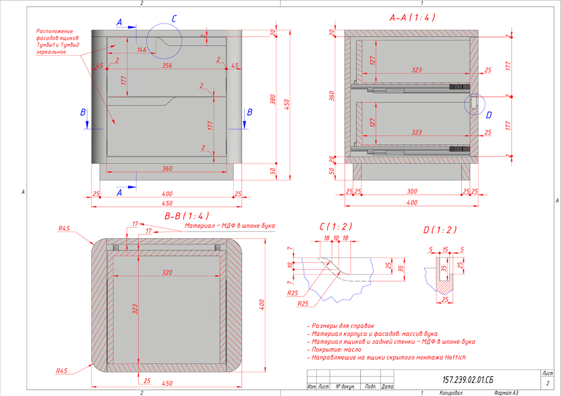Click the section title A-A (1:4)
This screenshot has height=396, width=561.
pyautogui.click(x=412, y=18)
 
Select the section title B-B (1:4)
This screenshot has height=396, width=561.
pyautogui.click(x=185, y=217)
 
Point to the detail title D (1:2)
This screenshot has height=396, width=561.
pyautogui.click(x=440, y=230)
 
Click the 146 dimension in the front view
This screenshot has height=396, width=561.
pyautogui.click(x=142, y=49)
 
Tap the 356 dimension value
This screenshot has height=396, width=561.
pyautogui.click(x=167, y=65)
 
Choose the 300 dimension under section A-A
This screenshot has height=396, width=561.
pyautogui.click(x=412, y=192)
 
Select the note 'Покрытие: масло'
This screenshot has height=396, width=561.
pyautogui.click(x=338, y=349)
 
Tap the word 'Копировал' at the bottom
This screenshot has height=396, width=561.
pyautogui.click(x=453, y=392)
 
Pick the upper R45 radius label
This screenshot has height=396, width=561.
pyautogui.click(x=63, y=229)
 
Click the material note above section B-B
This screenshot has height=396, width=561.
pyautogui.click(x=229, y=226)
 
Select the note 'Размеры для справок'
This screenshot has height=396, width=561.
pyautogui.click(x=343, y=325)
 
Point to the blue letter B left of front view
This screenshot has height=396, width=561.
pyautogui.click(x=84, y=113)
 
